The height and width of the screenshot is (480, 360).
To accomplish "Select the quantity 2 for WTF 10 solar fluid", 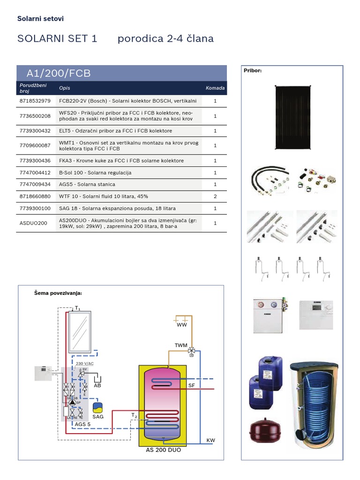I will (x=215, y=196).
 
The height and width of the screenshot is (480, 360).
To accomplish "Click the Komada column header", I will (x=215, y=88).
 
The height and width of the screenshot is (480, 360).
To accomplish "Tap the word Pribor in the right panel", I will (x=253, y=71).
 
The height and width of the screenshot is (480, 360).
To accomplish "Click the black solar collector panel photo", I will (x=292, y=117).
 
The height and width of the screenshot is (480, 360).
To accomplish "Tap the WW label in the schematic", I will (x=182, y=324).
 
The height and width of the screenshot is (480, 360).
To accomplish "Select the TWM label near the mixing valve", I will (x=181, y=345).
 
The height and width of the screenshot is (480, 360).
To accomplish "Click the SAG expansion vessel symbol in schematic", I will (x=98, y=407).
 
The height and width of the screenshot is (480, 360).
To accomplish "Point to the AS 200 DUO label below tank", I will (x=163, y=450).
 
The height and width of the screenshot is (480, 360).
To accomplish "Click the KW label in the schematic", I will (x=210, y=441).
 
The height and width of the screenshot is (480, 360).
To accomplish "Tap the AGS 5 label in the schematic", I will (x=82, y=425).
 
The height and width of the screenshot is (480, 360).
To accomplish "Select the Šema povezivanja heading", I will (x=58, y=293).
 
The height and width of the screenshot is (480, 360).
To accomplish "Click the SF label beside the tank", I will (x=191, y=385).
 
